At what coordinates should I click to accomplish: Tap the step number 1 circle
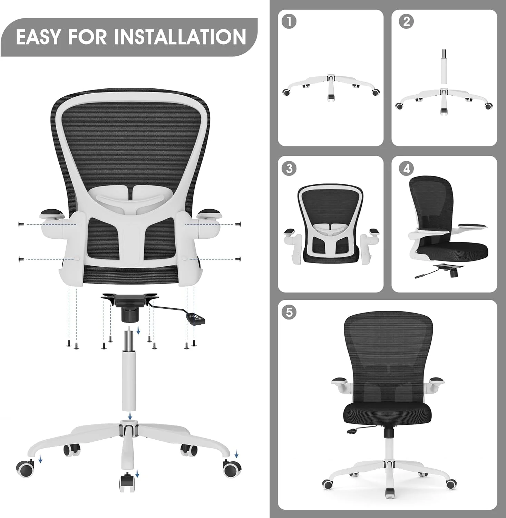click(x=289, y=21)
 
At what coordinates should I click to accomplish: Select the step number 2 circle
click(x=406, y=21)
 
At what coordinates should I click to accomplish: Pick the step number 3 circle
click(x=289, y=169)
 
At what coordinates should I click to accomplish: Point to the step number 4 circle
click(x=406, y=169)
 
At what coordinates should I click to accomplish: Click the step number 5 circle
click(x=289, y=312)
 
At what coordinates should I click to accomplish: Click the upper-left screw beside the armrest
click(x=20, y=224)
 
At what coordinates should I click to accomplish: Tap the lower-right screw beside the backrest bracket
click(x=237, y=259)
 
